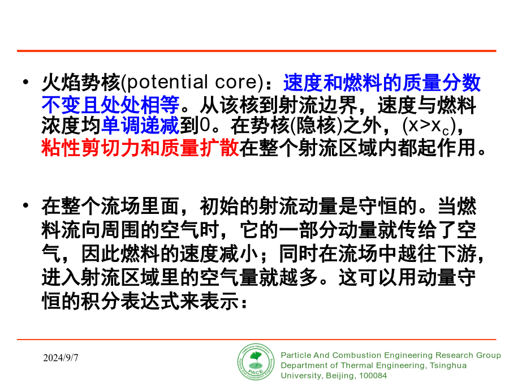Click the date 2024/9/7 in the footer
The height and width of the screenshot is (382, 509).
point(61,358)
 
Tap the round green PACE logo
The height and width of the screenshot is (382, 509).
point(256,362)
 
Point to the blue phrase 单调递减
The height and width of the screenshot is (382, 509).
point(140,126)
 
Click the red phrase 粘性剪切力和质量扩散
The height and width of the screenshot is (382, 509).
point(140,148)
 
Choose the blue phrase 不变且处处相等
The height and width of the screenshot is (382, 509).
point(110,105)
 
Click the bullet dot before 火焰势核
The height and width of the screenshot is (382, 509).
point(26,82)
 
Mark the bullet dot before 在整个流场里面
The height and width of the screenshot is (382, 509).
point(26,205)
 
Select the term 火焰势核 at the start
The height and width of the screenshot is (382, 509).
point(81,82)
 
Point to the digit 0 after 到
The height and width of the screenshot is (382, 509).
point(205,126)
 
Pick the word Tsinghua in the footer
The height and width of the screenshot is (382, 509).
point(448,366)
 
